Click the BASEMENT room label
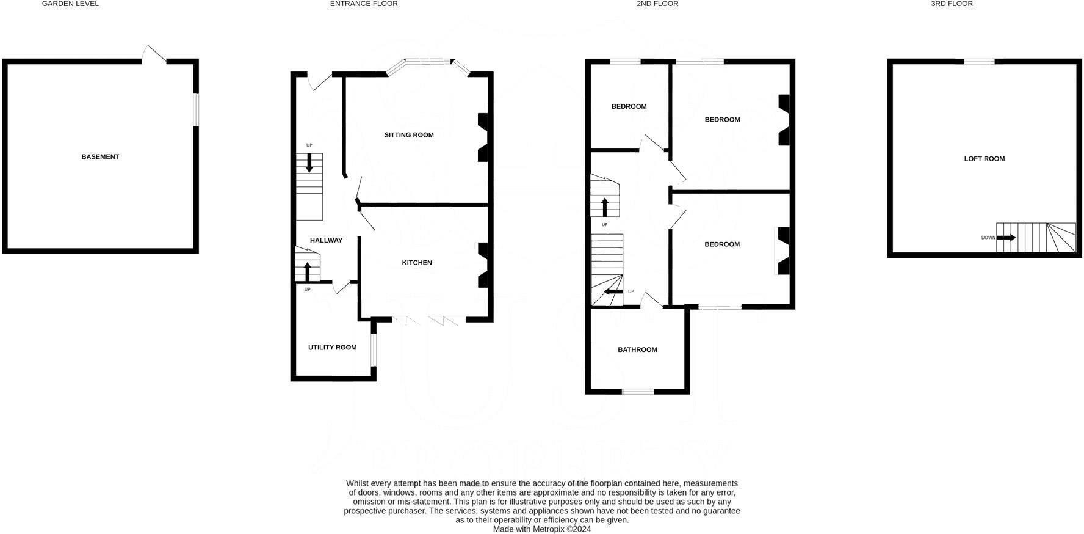[x=100, y=157]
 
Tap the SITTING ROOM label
[x=409, y=135]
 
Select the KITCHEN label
[x=417, y=263]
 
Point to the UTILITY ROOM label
[x=332, y=348]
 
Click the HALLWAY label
[x=326, y=241]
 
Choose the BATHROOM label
[x=637, y=350]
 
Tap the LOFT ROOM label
[x=984, y=159]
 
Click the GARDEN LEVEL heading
[x=70, y=4]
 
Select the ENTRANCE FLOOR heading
[x=364, y=4]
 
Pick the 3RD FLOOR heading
[x=952, y=4]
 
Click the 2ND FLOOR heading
[x=657, y=4]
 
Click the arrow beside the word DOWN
[x=1006, y=238]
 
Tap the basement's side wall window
[x=196, y=110]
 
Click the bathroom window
[x=638, y=391]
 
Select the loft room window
[x=979, y=61]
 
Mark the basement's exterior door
[x=154, y=56]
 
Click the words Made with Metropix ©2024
[x=541, y=529]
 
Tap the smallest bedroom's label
[x=629, y=106]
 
